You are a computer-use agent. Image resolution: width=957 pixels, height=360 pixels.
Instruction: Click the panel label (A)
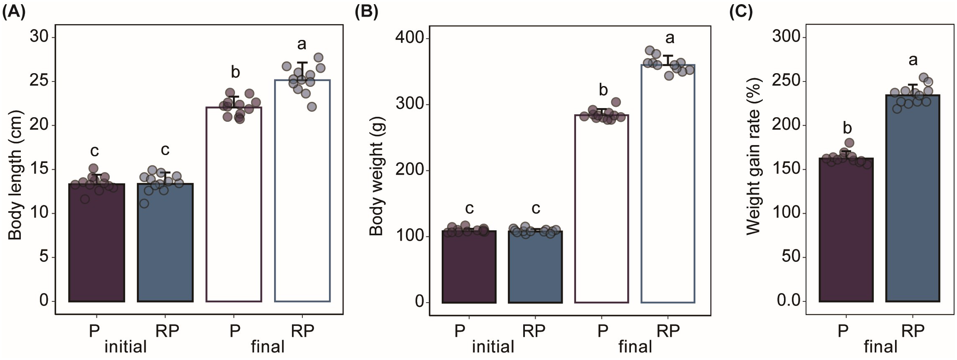point(14,12)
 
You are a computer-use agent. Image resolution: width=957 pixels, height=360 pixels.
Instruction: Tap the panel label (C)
point(741,12)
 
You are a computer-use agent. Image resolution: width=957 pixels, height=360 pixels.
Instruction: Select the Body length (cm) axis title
point(15,175)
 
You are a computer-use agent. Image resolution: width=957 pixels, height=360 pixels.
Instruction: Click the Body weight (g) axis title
point(376,176)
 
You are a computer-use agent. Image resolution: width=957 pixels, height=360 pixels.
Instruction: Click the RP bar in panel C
point(912,208)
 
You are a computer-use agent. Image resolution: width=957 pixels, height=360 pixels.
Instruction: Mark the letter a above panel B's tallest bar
point(670,38)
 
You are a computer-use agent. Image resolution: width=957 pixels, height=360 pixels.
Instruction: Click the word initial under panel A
point(125,346)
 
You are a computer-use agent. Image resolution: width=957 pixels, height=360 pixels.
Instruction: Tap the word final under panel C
point(880,346)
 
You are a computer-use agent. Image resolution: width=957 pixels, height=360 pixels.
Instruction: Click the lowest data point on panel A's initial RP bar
point(144,204)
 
